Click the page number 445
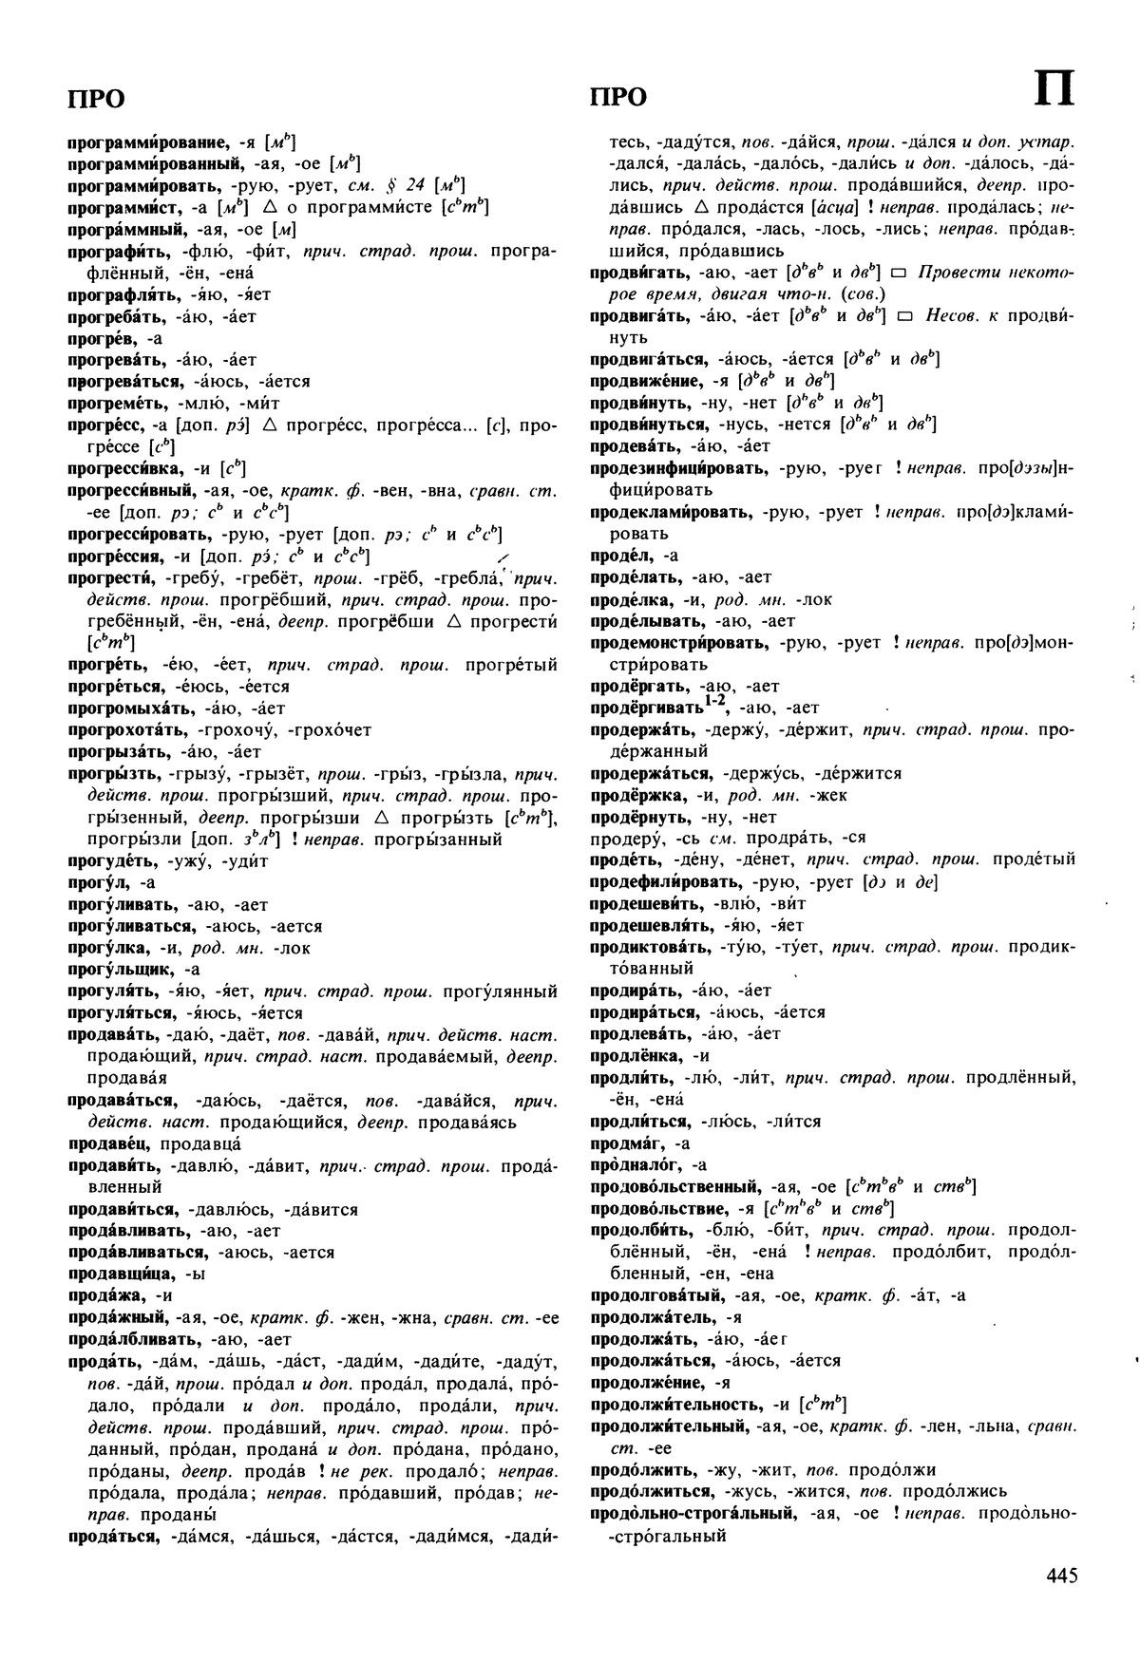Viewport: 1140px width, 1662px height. point(1061,1576)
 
